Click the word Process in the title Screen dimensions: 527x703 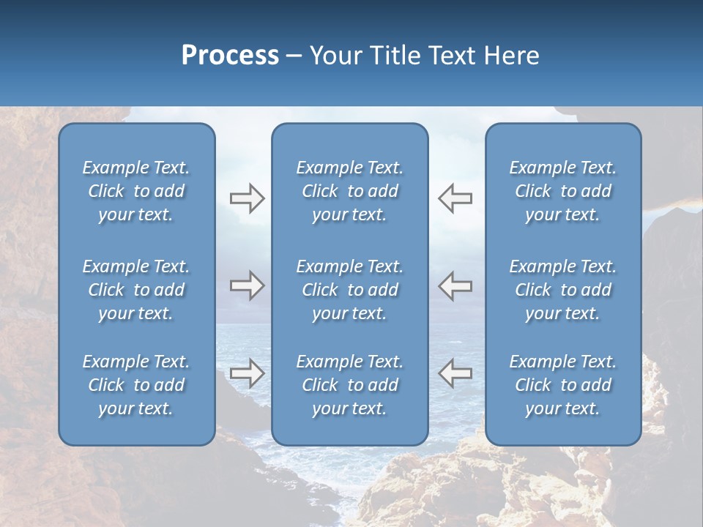click(x=230, y=56)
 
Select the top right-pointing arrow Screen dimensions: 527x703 click(x=247, y=198)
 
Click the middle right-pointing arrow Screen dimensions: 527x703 click(x=247, y=285)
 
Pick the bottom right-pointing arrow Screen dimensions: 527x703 click(x=247, y=373)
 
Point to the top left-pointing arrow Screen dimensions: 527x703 click(x=455, y=198)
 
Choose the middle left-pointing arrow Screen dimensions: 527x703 click(x=455, y=285)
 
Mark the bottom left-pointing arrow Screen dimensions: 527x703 click(x=455, y=373)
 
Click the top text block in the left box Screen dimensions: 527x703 click(x=136, y=191)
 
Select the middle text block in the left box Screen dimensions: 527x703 click(x=136, y=290)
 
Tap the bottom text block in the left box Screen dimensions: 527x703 click(x=136, y=385)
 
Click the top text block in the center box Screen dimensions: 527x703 click(x=349, y=191)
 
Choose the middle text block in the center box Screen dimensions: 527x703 click(x=349, y=290)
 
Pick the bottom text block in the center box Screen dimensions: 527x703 click(x=349, y=385)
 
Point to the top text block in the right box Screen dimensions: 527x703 click(x=562, y=191)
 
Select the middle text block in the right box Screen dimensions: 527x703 click(x=562, y=290)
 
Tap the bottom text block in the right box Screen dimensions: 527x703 click(x=562, y=385)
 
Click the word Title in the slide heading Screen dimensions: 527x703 click(x=392, y=56)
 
